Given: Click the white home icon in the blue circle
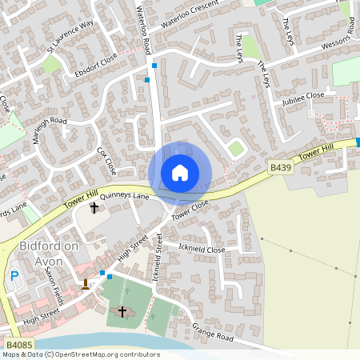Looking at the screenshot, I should pos(180,172).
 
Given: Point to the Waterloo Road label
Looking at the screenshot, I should pos(145,27).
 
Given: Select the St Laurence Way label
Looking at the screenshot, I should pos(70,35).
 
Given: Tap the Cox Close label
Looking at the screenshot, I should pos(106,160).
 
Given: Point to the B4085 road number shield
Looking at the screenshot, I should pos(18,344).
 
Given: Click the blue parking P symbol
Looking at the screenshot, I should pos(14,277).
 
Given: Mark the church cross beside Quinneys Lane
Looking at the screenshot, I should pos(94,208).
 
